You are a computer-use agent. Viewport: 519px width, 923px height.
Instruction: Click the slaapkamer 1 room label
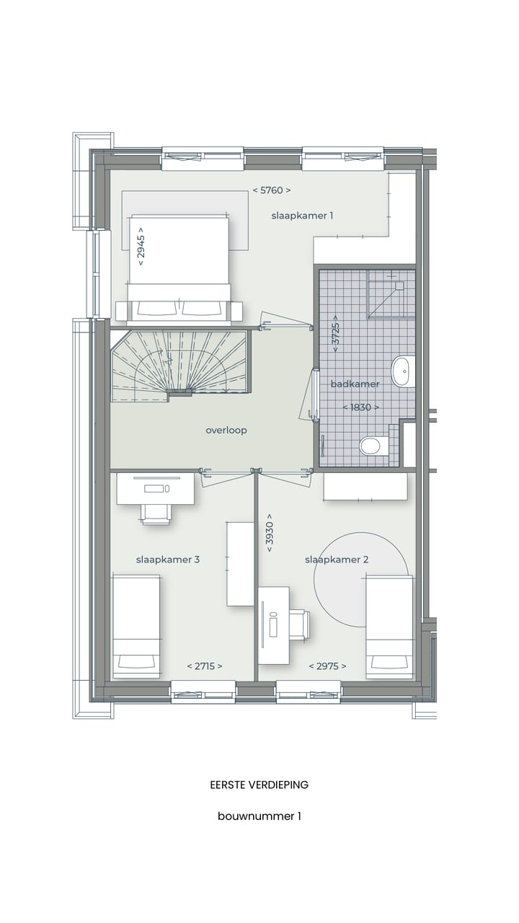(x=302, y=215)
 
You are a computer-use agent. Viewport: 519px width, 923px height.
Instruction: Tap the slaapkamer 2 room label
(x=337, y=560)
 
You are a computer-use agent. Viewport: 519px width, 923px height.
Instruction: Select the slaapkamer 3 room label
(x=168, y=560)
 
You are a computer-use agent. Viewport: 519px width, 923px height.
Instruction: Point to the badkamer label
(x=355, y=384)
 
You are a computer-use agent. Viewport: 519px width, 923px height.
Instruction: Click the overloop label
(x=226, y=430)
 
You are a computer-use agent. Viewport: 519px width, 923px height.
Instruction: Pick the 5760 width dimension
(x=272, y=190)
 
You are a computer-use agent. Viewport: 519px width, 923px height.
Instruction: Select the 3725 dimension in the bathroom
(x=335, y=333)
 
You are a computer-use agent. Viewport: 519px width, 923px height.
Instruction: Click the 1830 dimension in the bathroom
(x=360, y=407)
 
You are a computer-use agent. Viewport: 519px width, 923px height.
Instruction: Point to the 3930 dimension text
(x=269, y=533)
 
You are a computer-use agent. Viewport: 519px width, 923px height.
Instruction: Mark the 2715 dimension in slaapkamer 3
(x=205, y=666)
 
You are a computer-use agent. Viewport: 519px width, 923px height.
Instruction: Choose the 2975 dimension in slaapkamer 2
(x=327, y=666)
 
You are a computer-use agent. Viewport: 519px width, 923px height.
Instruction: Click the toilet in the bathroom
(x=371, y=446)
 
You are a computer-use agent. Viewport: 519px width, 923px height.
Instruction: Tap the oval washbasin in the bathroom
(x=403, y=371)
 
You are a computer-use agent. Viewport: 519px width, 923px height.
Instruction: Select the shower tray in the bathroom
(x=391, y=293)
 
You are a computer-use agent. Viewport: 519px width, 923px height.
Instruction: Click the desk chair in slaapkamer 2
(x=298, y=624)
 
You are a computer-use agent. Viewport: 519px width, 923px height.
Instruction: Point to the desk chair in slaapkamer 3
(x=156, y=513)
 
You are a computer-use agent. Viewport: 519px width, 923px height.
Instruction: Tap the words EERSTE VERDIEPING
(x=259, y=785)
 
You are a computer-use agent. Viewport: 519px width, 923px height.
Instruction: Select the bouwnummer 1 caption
(x=259, y=816)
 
